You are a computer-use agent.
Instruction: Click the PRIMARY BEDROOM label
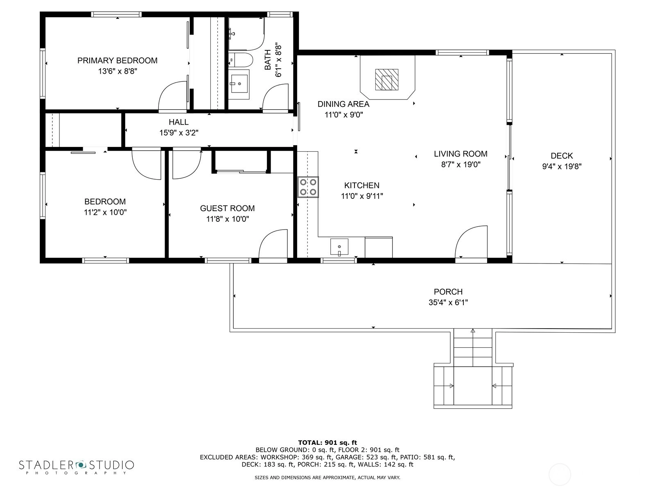tap(117, 61)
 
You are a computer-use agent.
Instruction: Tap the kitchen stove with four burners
tap(308, 187)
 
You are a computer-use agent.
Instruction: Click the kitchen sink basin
tap(339, 247)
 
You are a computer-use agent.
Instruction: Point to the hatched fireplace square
tap(387, 80)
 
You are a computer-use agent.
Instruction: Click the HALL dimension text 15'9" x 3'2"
tap(179, 133)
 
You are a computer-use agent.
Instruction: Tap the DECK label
tap(562, 155)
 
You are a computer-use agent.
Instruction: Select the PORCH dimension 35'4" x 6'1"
tap(448, 302)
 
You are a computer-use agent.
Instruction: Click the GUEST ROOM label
tap(227, 208)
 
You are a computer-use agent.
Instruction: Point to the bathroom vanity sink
tap(239, 84)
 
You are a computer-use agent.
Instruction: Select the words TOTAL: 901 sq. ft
tap(327, 443)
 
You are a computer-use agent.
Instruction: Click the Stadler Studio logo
tap(77, 466)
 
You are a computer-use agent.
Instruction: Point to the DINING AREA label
tap(343, 104)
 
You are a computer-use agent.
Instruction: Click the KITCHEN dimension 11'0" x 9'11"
tap(361, 196)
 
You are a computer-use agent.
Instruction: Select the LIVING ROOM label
tap(461, 154)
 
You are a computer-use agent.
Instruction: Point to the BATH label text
tap(268, 60)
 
